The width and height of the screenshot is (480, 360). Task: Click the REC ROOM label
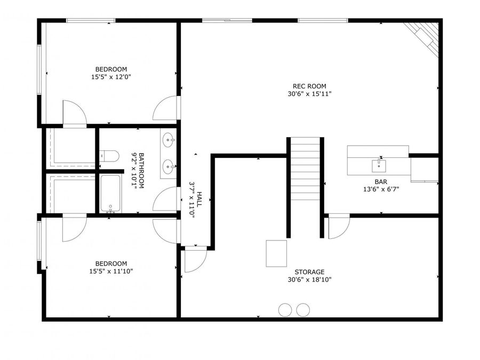tap(309, 86)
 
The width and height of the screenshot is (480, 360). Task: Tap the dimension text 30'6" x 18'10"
tap(309, 279)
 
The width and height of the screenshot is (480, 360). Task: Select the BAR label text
tap(381, 182)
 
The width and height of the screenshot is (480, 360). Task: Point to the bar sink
tap(379, 166)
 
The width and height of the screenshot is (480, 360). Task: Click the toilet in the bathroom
tap(109, 156)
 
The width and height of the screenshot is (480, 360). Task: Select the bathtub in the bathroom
tap(110, 193)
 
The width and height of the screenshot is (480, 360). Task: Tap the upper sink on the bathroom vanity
tap(169, 140)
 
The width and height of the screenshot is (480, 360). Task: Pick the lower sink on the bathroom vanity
tap(169, 167)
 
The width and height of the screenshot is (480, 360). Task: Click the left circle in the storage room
tap(285, 310)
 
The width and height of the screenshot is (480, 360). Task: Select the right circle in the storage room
tap(303, 310)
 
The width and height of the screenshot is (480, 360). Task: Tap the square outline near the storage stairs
tap(276, 253)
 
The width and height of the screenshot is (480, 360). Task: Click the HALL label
tap(199, 199)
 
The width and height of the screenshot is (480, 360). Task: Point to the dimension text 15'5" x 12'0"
tap(111, 77)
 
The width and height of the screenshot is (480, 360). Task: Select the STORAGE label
tap(309, 272)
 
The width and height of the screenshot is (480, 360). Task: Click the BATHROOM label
tap(141, 171)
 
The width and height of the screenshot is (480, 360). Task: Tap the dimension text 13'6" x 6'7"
tap(381, 189)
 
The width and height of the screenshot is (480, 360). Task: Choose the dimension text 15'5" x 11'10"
tap(111, 271)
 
